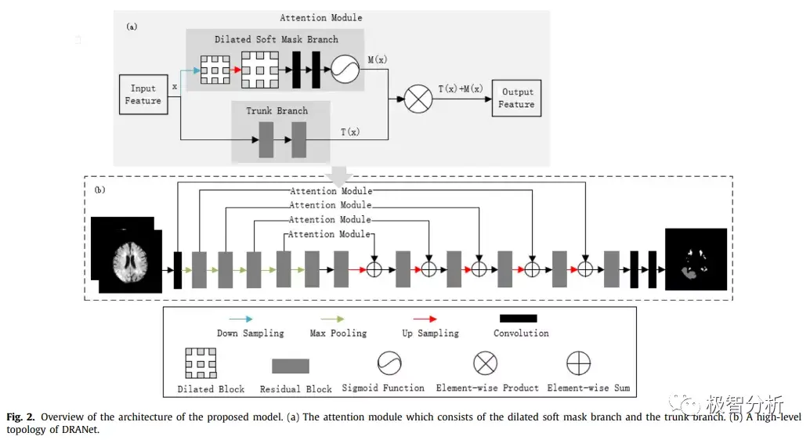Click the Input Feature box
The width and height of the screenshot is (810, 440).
[143, 95]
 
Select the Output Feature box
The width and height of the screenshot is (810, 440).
[516, 98]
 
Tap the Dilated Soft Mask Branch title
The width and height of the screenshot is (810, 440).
[276, 39]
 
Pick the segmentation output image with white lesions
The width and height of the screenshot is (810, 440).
[696, 259]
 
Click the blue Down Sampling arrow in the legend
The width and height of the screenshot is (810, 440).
[242, 319]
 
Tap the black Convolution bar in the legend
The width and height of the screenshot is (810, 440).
[519, 319]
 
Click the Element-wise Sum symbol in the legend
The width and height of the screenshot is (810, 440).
[579, 363]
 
